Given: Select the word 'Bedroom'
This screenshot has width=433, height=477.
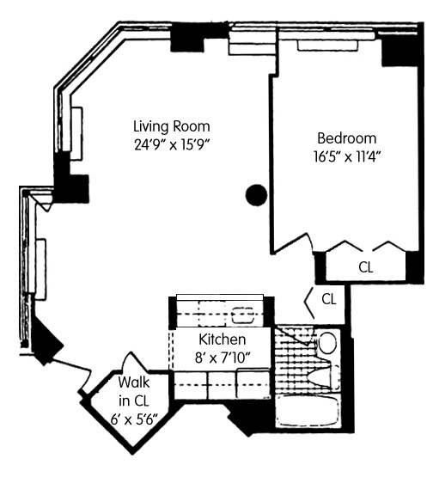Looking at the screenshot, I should pyautogui.click(x=348, y=139).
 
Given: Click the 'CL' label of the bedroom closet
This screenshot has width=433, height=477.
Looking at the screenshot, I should pyautogui.click(x=365, y=267).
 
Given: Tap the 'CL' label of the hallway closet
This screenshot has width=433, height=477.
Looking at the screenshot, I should pyautogui.click(x=328, y=299).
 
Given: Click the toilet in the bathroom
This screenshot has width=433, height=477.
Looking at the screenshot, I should pyautogui.click(x=327, y=344).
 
